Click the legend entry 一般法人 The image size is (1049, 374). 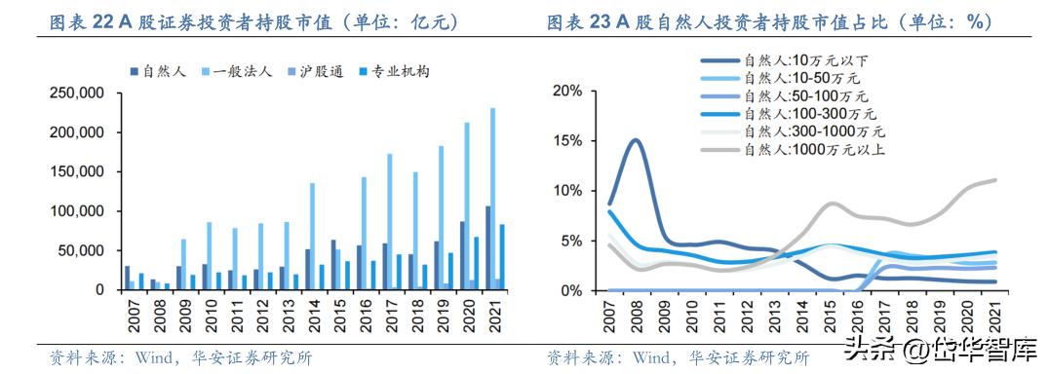coord(235,71)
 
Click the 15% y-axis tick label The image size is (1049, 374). coord(566,140)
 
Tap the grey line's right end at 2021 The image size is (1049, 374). coord(995,180)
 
